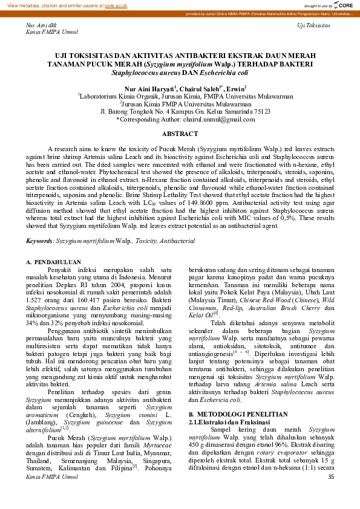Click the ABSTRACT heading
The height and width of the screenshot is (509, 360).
[180, 133]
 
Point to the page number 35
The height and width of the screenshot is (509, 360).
[330, 494]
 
